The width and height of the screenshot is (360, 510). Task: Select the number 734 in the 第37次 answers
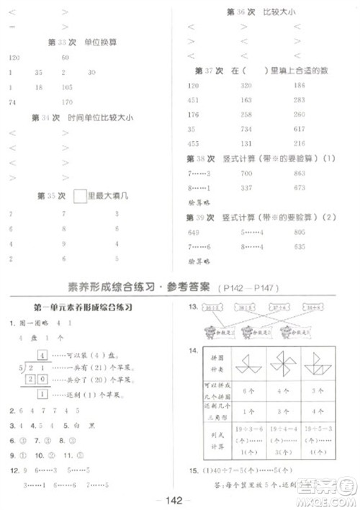(x=246, y=129)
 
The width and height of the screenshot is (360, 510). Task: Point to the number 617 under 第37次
(x=300, y=129)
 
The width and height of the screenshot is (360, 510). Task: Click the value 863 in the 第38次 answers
(x=300, y=174)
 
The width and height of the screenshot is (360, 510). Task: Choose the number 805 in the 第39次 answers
(x=300, y=233)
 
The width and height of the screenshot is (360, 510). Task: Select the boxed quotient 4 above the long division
(x=43, y=355)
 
